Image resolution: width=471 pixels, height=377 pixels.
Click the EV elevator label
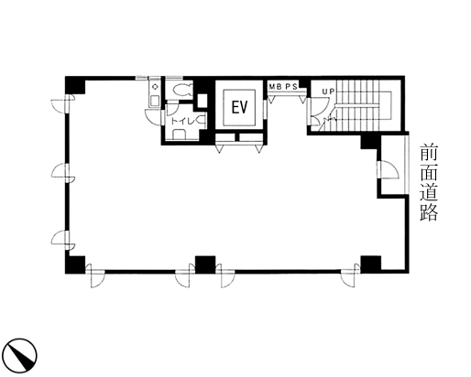coord(239,107)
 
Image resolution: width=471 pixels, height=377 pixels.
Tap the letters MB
coord(275,87)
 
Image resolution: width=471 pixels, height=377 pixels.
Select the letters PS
coord(291,87)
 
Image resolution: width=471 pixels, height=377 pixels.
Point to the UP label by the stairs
coord(328,92)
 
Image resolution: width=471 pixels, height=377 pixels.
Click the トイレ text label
coord(182,122)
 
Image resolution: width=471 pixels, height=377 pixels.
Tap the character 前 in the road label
coord(429,153)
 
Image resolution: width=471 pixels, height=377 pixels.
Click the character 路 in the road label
coord(429,211)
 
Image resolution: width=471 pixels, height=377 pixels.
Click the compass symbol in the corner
coord(21,356)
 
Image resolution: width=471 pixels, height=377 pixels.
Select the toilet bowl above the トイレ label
coord(182,90)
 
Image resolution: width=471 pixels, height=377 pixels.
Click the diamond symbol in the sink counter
coord(155,87)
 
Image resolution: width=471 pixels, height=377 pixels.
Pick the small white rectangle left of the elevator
coord(203,101)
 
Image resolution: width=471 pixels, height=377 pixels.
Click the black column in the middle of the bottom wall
coord(205,264)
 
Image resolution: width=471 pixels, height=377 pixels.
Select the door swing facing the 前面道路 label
coord(389,169)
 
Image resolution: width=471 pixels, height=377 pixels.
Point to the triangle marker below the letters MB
coord(270,99)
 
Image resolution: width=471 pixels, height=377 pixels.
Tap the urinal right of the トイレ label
coord(202,121)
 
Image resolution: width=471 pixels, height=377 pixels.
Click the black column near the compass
coord(75,264)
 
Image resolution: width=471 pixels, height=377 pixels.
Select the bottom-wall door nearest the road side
coord(350,276)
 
